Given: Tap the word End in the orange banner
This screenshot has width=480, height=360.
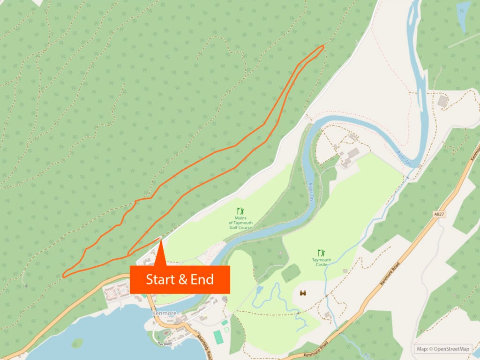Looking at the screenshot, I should pyautogui.click(x=202, y=280).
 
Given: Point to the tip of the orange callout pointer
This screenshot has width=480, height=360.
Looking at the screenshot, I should pyautogui.click(x=160, y=240).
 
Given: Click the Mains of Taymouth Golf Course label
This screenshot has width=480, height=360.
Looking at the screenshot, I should pyautogui.click(x=240, y=224).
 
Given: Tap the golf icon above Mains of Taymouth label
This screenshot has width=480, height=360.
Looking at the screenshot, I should pyautogui.click(x=240, y=212).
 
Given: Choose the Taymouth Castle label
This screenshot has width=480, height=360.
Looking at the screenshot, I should pyautogui.click(x=322, y=262).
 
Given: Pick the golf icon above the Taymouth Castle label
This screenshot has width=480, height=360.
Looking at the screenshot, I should pyautogui.click(x=321, y=252).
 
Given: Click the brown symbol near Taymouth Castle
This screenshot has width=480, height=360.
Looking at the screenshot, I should pyautogui.click(x=303, y=293).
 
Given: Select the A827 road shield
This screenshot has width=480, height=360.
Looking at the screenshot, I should pyautogui.click(x=438, y=214).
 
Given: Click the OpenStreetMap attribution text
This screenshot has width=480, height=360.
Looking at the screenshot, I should pyautogui.click(x=442, y=349).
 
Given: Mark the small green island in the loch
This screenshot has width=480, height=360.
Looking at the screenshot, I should pyautogui.click(x=78, y=344).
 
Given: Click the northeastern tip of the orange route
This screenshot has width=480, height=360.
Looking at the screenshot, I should pyautogui.click(x=323, y=46).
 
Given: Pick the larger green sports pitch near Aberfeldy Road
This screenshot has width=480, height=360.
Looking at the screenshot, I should pyautogui.click(x=218, y=337).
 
